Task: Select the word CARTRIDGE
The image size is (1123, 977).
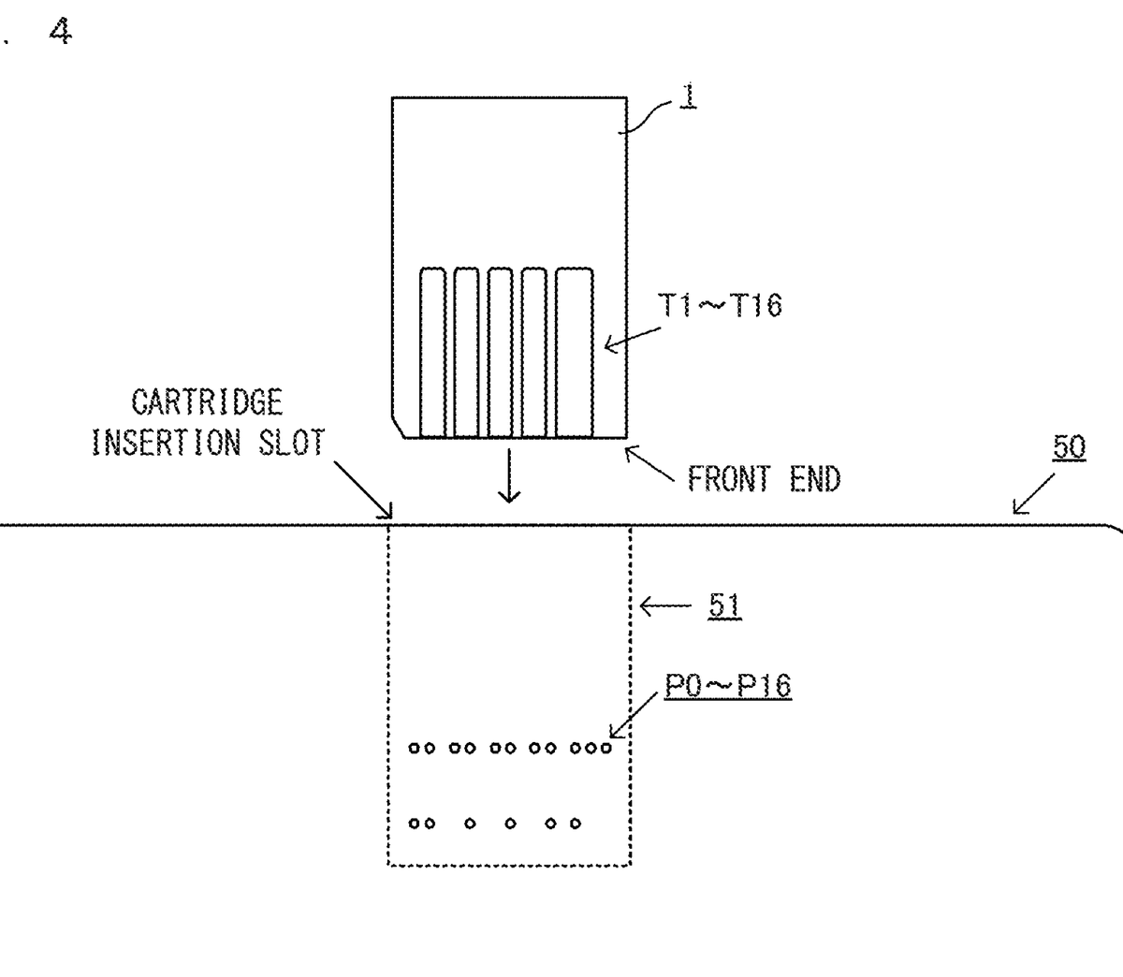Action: [206, 403]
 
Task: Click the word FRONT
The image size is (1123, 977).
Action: [729, 479]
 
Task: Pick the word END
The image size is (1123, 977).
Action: [815, 479]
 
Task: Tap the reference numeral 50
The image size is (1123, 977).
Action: [1069, 447]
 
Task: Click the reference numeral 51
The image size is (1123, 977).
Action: [724, 606]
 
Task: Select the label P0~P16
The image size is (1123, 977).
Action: [728, 686]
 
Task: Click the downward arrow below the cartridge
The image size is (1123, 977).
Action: [508, 474]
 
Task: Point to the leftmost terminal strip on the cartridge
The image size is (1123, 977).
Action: [432, 353]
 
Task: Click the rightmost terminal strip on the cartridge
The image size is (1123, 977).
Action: [575, 353]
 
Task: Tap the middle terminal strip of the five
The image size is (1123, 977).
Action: [500, 353]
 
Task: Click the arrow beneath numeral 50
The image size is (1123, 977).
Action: [1034, 495]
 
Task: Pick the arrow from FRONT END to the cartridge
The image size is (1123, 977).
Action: [649, 464]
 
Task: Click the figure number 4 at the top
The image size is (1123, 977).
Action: [61, 33]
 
